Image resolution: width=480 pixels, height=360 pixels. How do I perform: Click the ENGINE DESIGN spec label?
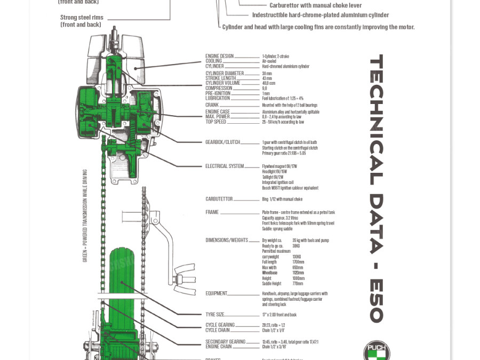pyautogui.click(x=220, y=56)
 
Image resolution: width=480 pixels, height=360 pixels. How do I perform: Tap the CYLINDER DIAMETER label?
pyautogui.click(x=225, y=74)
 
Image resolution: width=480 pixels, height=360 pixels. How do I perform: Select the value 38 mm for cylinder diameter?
pyautogui.click(x=267, y=74)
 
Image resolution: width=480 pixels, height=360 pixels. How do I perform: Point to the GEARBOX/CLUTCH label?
pyautogui.click(x=222, y=142)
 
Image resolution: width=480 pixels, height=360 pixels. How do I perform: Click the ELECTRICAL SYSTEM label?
pyautogui.click(x=225, y=166)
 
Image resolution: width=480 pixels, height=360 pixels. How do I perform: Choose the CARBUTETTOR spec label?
pyautogui.click(x=219, y=199)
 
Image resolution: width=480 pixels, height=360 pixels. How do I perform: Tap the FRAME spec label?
pyautogui.click(x=212, y=212)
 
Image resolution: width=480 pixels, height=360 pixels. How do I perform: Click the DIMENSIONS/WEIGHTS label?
pyautogui.click(x=227, y=241)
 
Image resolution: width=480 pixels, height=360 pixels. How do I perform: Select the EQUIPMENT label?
pyautogui.click(x=217, y=293)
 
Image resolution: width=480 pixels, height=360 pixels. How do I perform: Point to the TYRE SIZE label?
pyautogui.click(x=215, y=315)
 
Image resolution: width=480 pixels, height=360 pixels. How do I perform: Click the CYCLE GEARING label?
pyautogui.click(x=220, y=325)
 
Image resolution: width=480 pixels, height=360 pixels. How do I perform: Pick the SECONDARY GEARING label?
pyautogui.click(x=226, y=342)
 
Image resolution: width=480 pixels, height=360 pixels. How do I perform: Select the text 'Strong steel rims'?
pyautogui.click(x=82, y=18)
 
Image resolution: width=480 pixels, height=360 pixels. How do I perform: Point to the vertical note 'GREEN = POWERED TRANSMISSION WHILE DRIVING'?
pyautogui.click(x=85, y=216)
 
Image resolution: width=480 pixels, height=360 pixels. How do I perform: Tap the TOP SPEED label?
pyautogui.click(x=216, y=122)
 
